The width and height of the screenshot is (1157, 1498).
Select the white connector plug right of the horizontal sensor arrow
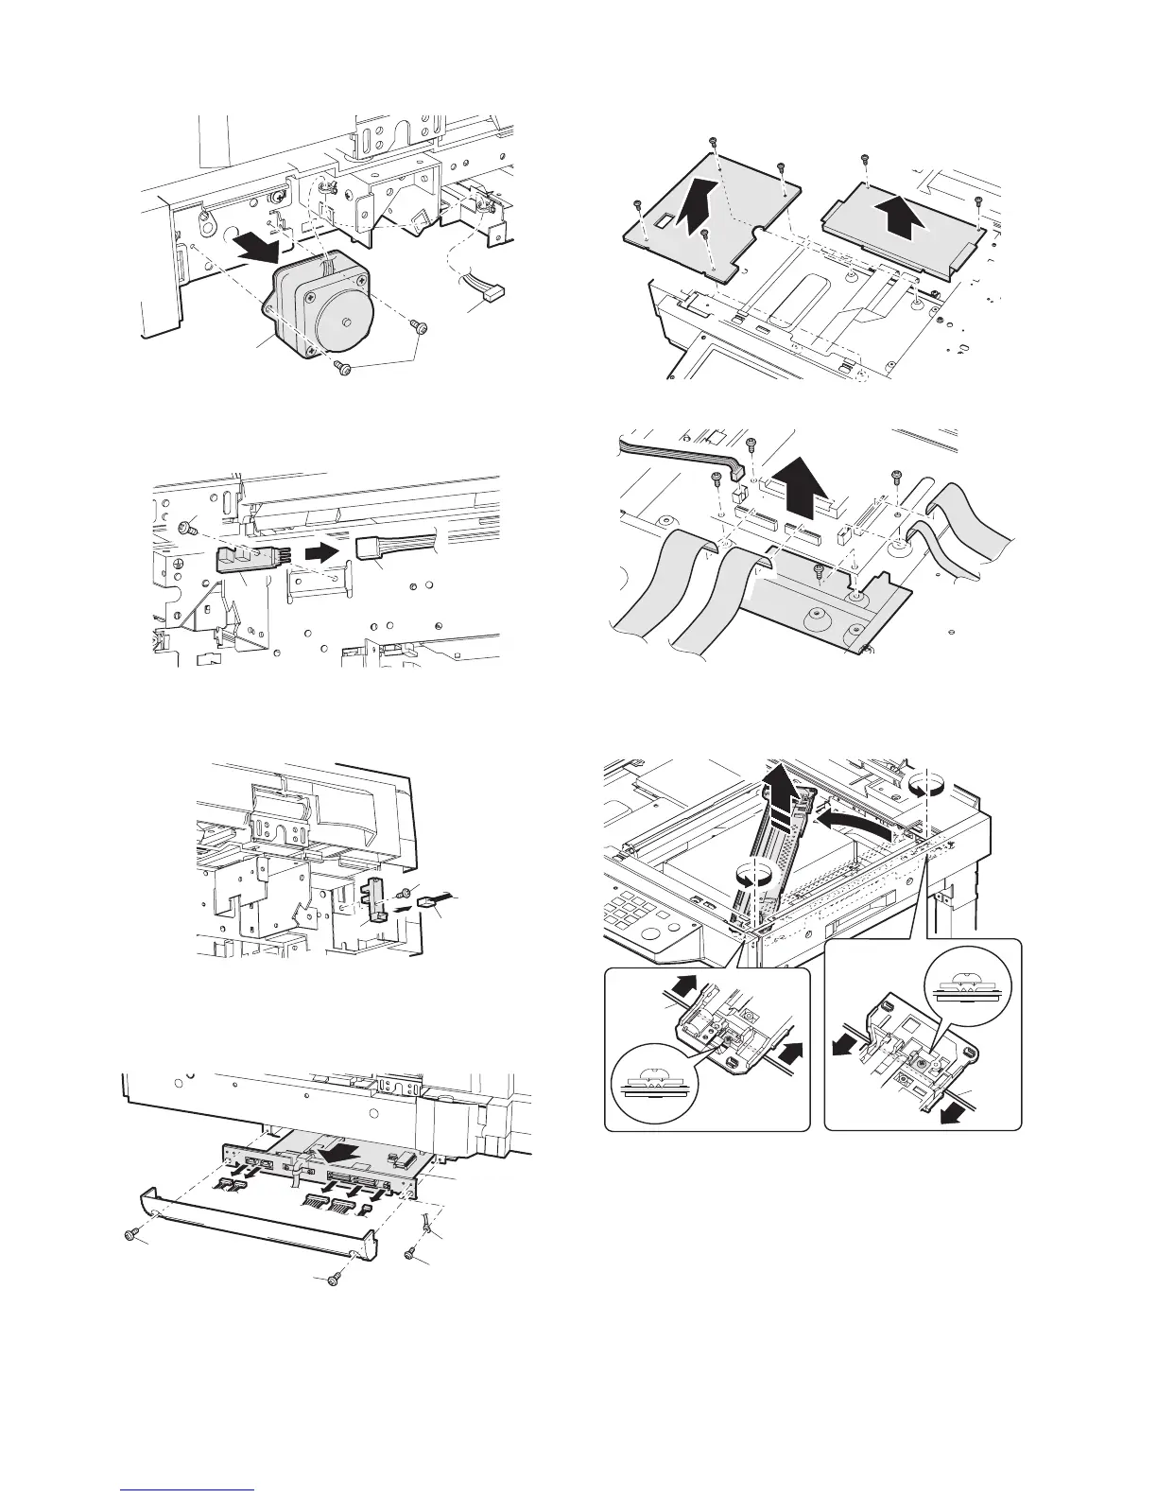[x=375, y=546]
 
